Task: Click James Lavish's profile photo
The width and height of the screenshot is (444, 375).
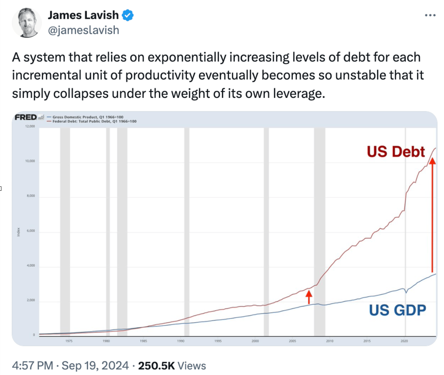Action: (x=27, y=22)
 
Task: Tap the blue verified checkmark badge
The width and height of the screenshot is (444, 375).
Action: (x=128, y=15)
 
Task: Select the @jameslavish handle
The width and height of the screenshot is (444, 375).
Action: (x=84, y=30)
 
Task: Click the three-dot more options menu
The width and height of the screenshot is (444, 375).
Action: (x=430, y=15)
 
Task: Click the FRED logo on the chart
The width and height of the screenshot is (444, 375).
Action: (x=26, y=117)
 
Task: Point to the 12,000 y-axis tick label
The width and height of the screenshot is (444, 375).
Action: (x=30, y=126)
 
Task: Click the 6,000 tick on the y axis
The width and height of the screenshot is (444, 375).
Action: (x=31, y=231)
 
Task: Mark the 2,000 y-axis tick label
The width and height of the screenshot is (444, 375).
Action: (x=31, y=300)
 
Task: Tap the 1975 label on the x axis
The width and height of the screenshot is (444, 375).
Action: (x=69, y=341)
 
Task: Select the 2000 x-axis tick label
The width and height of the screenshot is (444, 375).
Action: (x=255, y=341)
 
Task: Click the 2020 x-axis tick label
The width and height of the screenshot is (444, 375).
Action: (x=404, y=341)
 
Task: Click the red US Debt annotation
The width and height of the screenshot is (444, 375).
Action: (x=395, y=152)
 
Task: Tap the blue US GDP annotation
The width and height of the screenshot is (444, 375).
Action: (x=397, y=310)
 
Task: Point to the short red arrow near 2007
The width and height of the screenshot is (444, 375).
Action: (x=309, y=297)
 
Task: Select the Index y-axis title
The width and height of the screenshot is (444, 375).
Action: (x=18, y=232)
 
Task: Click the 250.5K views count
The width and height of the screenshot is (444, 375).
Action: (x=156, y=365)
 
